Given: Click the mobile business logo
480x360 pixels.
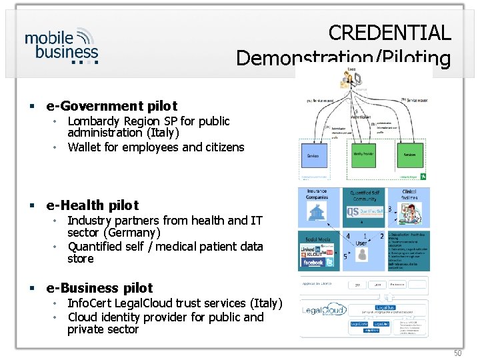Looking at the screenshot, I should coord(62,45).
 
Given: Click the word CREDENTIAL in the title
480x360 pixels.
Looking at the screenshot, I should coord(389,32).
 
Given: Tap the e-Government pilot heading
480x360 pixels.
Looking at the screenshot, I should coord(111,106).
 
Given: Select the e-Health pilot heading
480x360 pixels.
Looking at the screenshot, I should coord(93,205).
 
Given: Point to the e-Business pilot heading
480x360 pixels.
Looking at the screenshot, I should coord(99,288).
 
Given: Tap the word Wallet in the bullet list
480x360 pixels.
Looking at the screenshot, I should coord(86,147).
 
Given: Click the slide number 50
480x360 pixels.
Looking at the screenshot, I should coord(457,353).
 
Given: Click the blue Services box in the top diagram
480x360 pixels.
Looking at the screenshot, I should coord(313,155).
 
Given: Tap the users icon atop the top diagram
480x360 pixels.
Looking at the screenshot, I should coord(350,77).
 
